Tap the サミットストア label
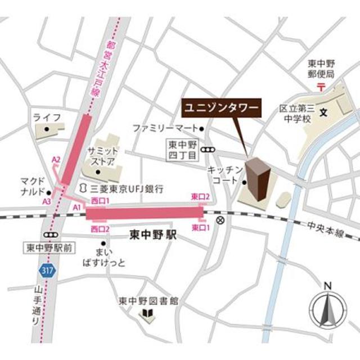coord(102,157)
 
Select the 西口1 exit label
coord(99,201)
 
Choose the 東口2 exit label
coord(201,196)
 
